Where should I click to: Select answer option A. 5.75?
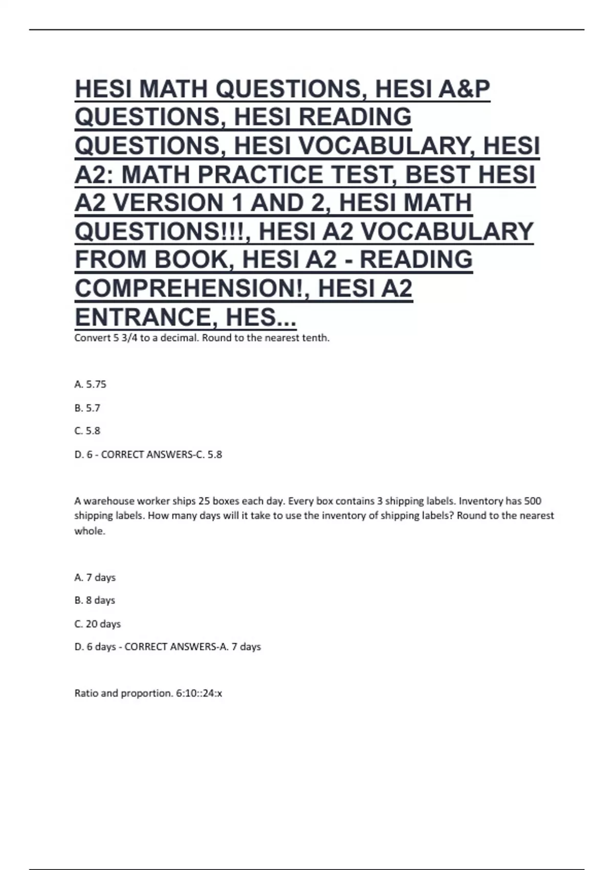[90, 384]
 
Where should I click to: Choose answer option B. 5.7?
[87, 408]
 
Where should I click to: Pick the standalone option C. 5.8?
[87, 431]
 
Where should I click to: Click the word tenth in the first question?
[315, 338]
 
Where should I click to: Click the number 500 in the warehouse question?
[533, 501]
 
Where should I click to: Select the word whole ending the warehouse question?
[90, 531]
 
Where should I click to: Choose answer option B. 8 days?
[95, 600]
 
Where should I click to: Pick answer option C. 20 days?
[97, 624]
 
